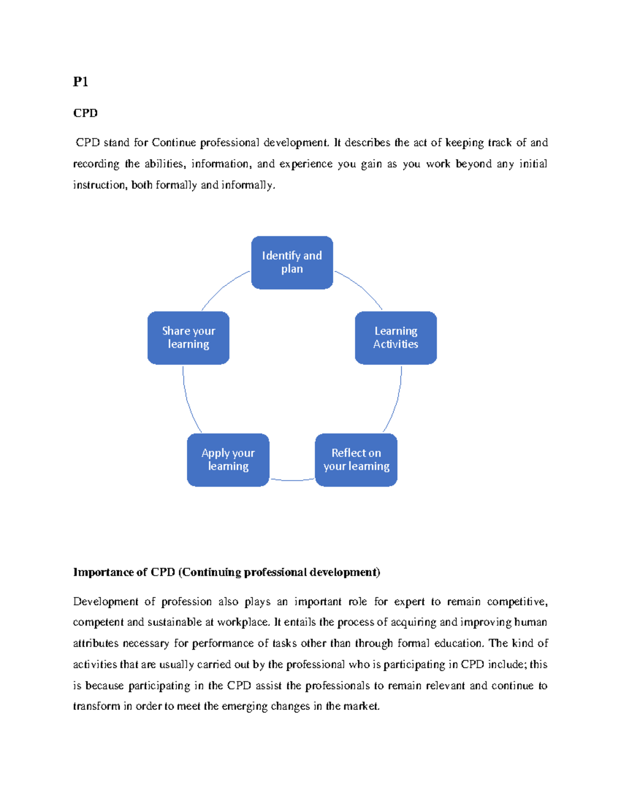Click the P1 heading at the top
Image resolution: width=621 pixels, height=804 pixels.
coord(80,82)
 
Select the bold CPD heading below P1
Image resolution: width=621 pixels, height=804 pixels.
coord(85,113)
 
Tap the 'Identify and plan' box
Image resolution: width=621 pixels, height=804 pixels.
coord(292,262)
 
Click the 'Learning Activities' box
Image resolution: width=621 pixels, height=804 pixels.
coord(396,338)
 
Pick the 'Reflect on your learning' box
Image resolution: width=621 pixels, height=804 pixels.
coord(356,460)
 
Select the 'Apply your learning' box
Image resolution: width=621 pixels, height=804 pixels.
coord(228,460)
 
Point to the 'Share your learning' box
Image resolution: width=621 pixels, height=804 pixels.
coord(188,338)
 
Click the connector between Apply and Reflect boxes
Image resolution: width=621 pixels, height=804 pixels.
coord(292,480)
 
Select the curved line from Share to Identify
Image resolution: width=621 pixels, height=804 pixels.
coord(223,287)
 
